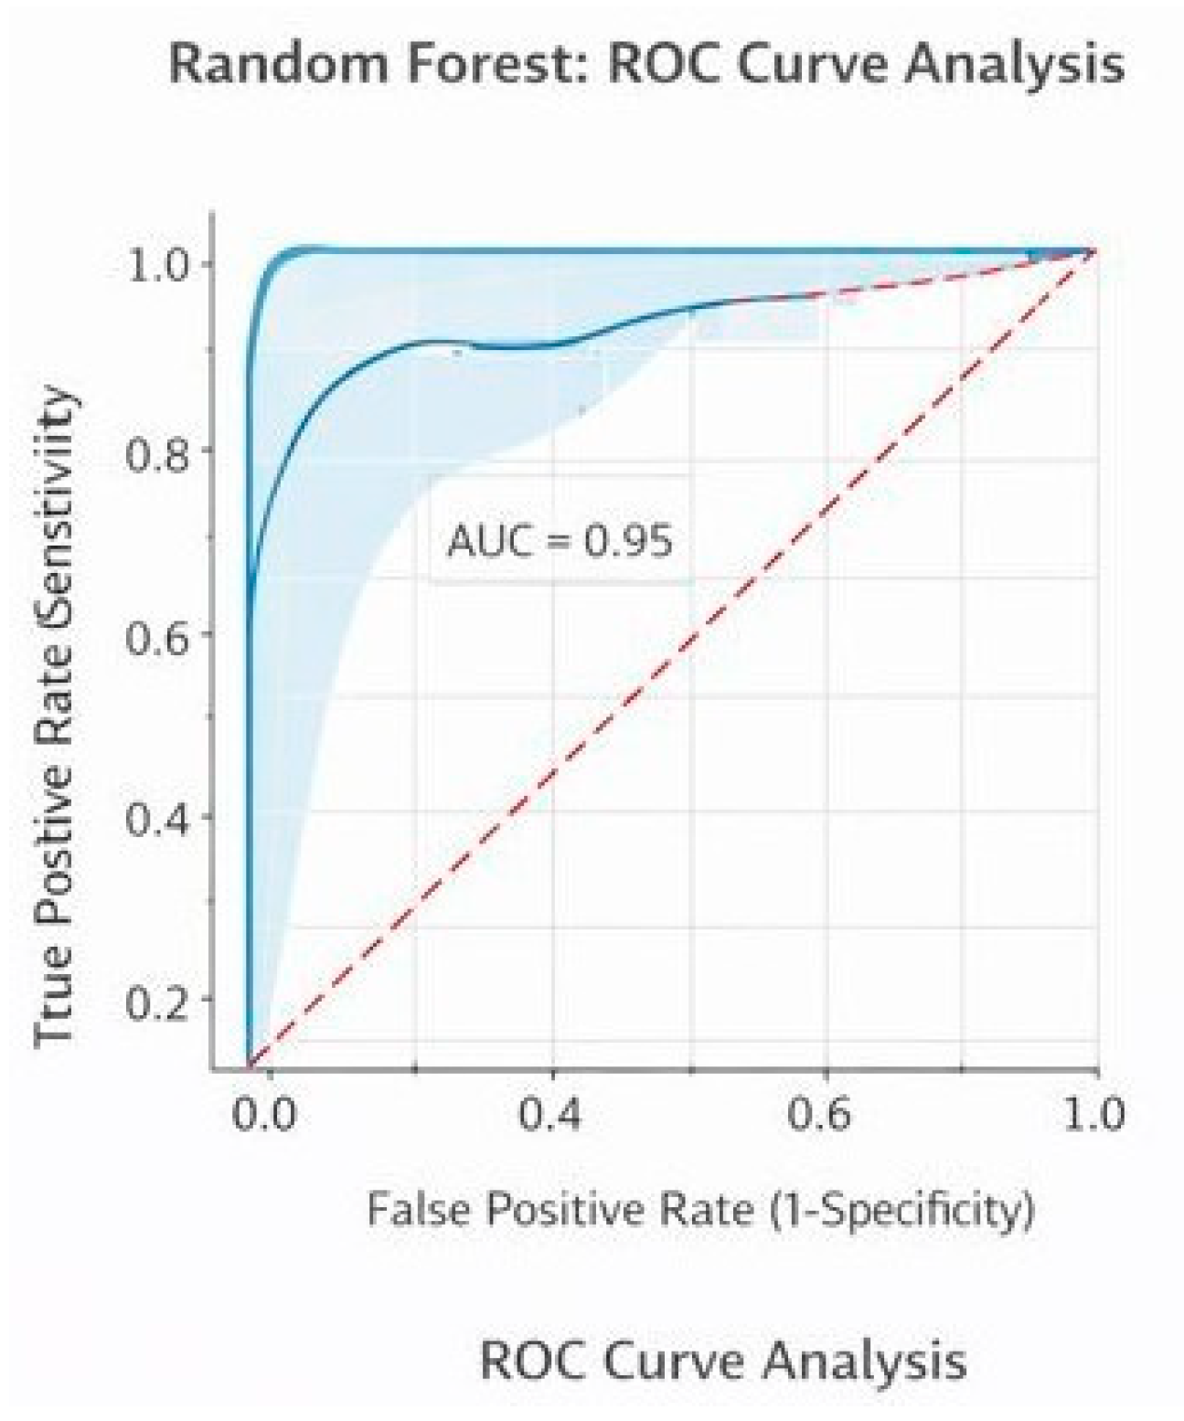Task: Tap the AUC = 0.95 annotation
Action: (560, 541)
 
